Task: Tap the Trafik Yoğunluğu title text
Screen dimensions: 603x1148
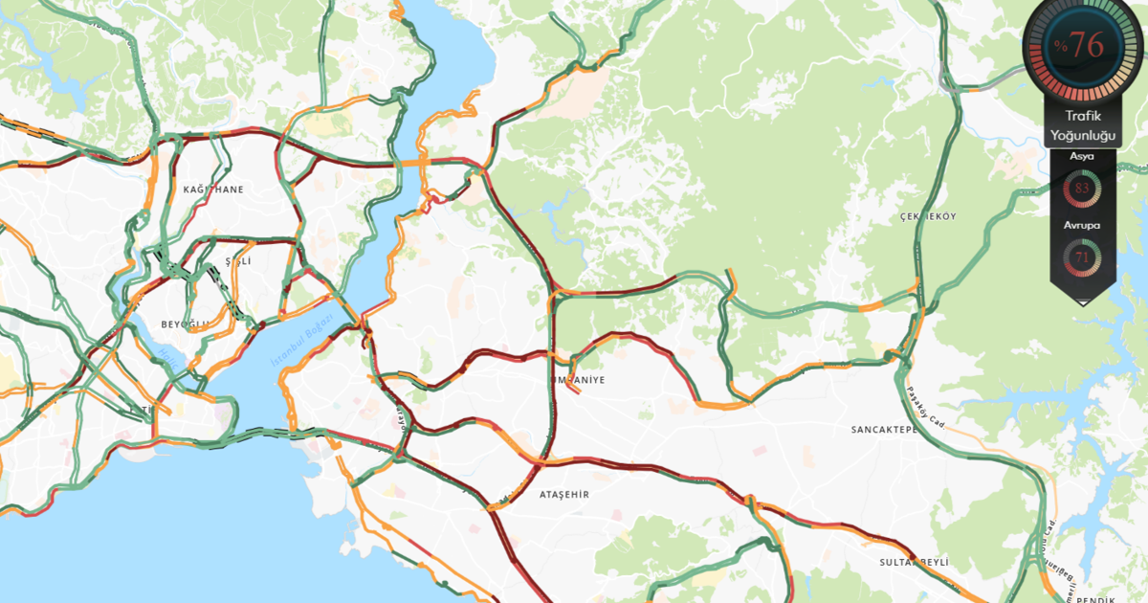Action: pyautogui.click(x=1083, y=125)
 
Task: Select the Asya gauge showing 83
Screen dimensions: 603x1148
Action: pyautogui.click(x=1083, y=189)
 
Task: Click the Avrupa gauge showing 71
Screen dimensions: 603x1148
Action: pyautogui.click(x=1083, y=257)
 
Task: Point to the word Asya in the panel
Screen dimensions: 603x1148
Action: pyautogui.click(x=1083, y=156)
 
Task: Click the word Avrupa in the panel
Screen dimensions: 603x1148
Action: pyautogui.click(x=1083, y=226)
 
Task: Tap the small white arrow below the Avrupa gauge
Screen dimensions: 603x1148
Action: pyautogui.click(x=1083, y=301)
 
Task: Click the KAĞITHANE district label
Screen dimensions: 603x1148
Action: pyautogui.click(x=215, y=190)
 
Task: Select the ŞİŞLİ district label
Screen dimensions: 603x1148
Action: pyautogui.click(x=236, y=261)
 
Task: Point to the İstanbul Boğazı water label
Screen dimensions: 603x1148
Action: pyautogui.click(x=301, y=343)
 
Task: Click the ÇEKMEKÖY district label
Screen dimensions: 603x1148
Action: pyautogui.click(x=928, y=216)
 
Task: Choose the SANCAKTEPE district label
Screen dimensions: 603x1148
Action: pyautogui.click(x=884, y=430)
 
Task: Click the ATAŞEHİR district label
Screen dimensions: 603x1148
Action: pyautogui.click(x=564, y=494)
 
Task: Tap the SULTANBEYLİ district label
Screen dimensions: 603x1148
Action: pyautogui.click(x=913, y=562)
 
